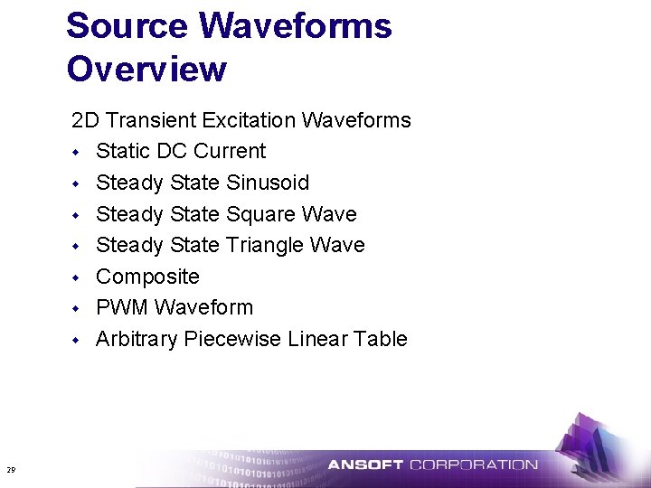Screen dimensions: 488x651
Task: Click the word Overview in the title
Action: pos(146,69)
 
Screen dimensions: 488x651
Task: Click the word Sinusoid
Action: pos(267,183)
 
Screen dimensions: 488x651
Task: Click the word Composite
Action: pos(147,277)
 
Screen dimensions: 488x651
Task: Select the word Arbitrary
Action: pos(137,339)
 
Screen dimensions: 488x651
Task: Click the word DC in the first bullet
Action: pos(165,151)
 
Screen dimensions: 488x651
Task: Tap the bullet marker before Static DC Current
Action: pos(78,152)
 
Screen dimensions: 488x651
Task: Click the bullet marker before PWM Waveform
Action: pos(78,308)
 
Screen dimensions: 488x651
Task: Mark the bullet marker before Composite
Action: pos(78,277)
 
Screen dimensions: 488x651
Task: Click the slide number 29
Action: pos(11,469)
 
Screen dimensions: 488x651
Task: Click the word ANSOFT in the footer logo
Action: pos(365,465)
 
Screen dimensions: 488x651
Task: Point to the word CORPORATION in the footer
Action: pos(473,465)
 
